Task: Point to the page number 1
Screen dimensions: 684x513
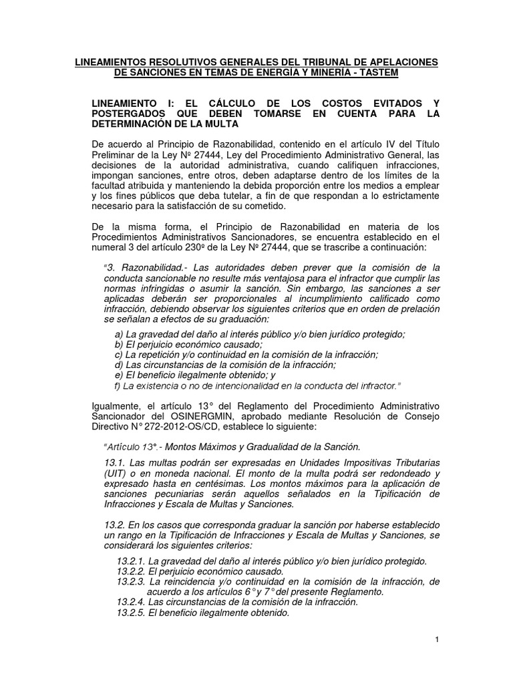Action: point(437,640)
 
